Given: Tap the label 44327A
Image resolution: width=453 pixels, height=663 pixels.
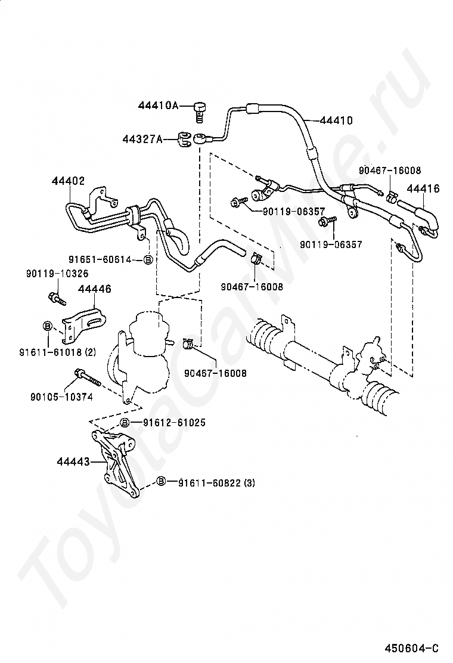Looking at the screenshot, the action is click(x=142, y=139).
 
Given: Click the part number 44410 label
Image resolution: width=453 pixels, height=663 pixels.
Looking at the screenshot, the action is click(x=336, y=120).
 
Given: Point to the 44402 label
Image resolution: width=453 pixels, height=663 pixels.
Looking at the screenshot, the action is click(x=68, y=181).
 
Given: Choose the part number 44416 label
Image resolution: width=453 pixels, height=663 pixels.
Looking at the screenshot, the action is click(x=423, y=188).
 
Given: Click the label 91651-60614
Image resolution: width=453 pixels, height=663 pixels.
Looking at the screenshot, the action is click(x=100, y=259).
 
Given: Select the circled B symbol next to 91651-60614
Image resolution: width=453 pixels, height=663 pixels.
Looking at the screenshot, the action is click(x=147, y=259).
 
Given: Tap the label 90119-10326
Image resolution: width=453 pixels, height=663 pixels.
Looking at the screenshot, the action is click(x=57, y=274).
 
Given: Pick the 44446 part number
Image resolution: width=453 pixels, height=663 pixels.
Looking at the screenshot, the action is click(x=95, y=289).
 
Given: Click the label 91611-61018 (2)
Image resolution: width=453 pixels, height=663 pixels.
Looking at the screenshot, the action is click(x=57, y=352).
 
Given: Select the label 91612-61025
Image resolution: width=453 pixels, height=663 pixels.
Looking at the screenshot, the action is click(x=168, y=422).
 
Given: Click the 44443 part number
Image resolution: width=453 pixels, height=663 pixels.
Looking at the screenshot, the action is click(x=73, y=462).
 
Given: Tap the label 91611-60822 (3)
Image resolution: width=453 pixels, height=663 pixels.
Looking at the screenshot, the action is click(x=216, y=483).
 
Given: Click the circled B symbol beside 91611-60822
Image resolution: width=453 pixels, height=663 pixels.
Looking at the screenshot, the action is click(x=162, y=481).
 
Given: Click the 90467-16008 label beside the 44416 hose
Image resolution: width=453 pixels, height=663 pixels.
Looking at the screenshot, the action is click(x=390, y=171).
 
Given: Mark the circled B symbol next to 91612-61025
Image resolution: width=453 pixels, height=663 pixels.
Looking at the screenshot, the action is click(x=125, y=422).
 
